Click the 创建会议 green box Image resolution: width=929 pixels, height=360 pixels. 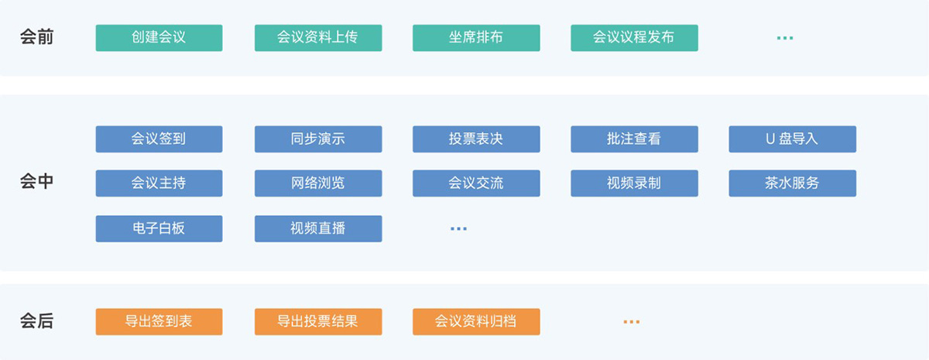[x=159, y=38]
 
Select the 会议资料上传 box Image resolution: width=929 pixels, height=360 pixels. [x=318, y=38]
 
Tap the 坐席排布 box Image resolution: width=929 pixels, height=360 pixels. [x=476, y=38]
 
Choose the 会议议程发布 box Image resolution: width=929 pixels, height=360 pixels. [x=634, y=38]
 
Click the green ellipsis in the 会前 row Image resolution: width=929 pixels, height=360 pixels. [x=785, y=38]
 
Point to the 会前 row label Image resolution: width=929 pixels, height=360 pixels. [x=37, y=37]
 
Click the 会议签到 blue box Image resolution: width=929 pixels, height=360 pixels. [x=159, y=139]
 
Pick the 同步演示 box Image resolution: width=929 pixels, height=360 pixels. [x=318, y=139]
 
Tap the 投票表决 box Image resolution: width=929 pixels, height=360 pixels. [x=476, y=139]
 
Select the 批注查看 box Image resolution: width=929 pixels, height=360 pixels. [x=634, y=139]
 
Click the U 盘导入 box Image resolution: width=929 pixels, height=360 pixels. [x=793, y=139]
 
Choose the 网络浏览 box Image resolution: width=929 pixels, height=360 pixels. [x=318, y=183]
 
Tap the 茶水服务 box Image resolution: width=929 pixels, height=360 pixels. [x=793, y=183]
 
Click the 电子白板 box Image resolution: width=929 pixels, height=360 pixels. [x=159, y=228]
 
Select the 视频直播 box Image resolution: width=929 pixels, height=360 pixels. [x=318, y=228]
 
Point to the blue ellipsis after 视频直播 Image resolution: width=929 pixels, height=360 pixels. [x=458, y=229]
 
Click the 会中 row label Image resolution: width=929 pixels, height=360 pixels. [x=37, y=182]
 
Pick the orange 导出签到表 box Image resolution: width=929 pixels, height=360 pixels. [x=159, y=321]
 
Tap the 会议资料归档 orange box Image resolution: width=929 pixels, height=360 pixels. [x=476, y=321]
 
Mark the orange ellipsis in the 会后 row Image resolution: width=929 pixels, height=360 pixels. [x=632, y=322]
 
